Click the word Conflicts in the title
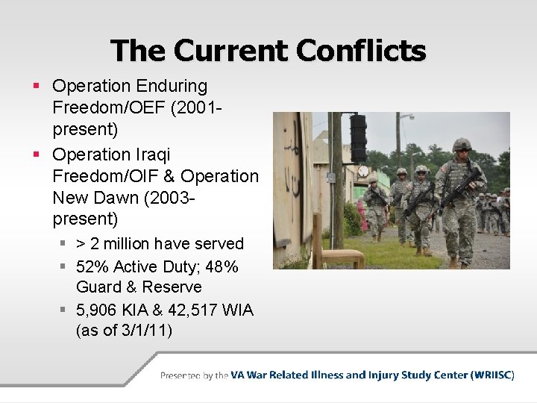(361, 51)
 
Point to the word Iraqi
(152, 154)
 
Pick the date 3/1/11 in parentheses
(142, 330)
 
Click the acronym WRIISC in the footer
(492, 375)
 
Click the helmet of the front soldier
(462, 145)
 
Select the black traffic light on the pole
(359, 139)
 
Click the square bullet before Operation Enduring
(37, 87)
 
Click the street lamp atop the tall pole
(406, 116)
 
